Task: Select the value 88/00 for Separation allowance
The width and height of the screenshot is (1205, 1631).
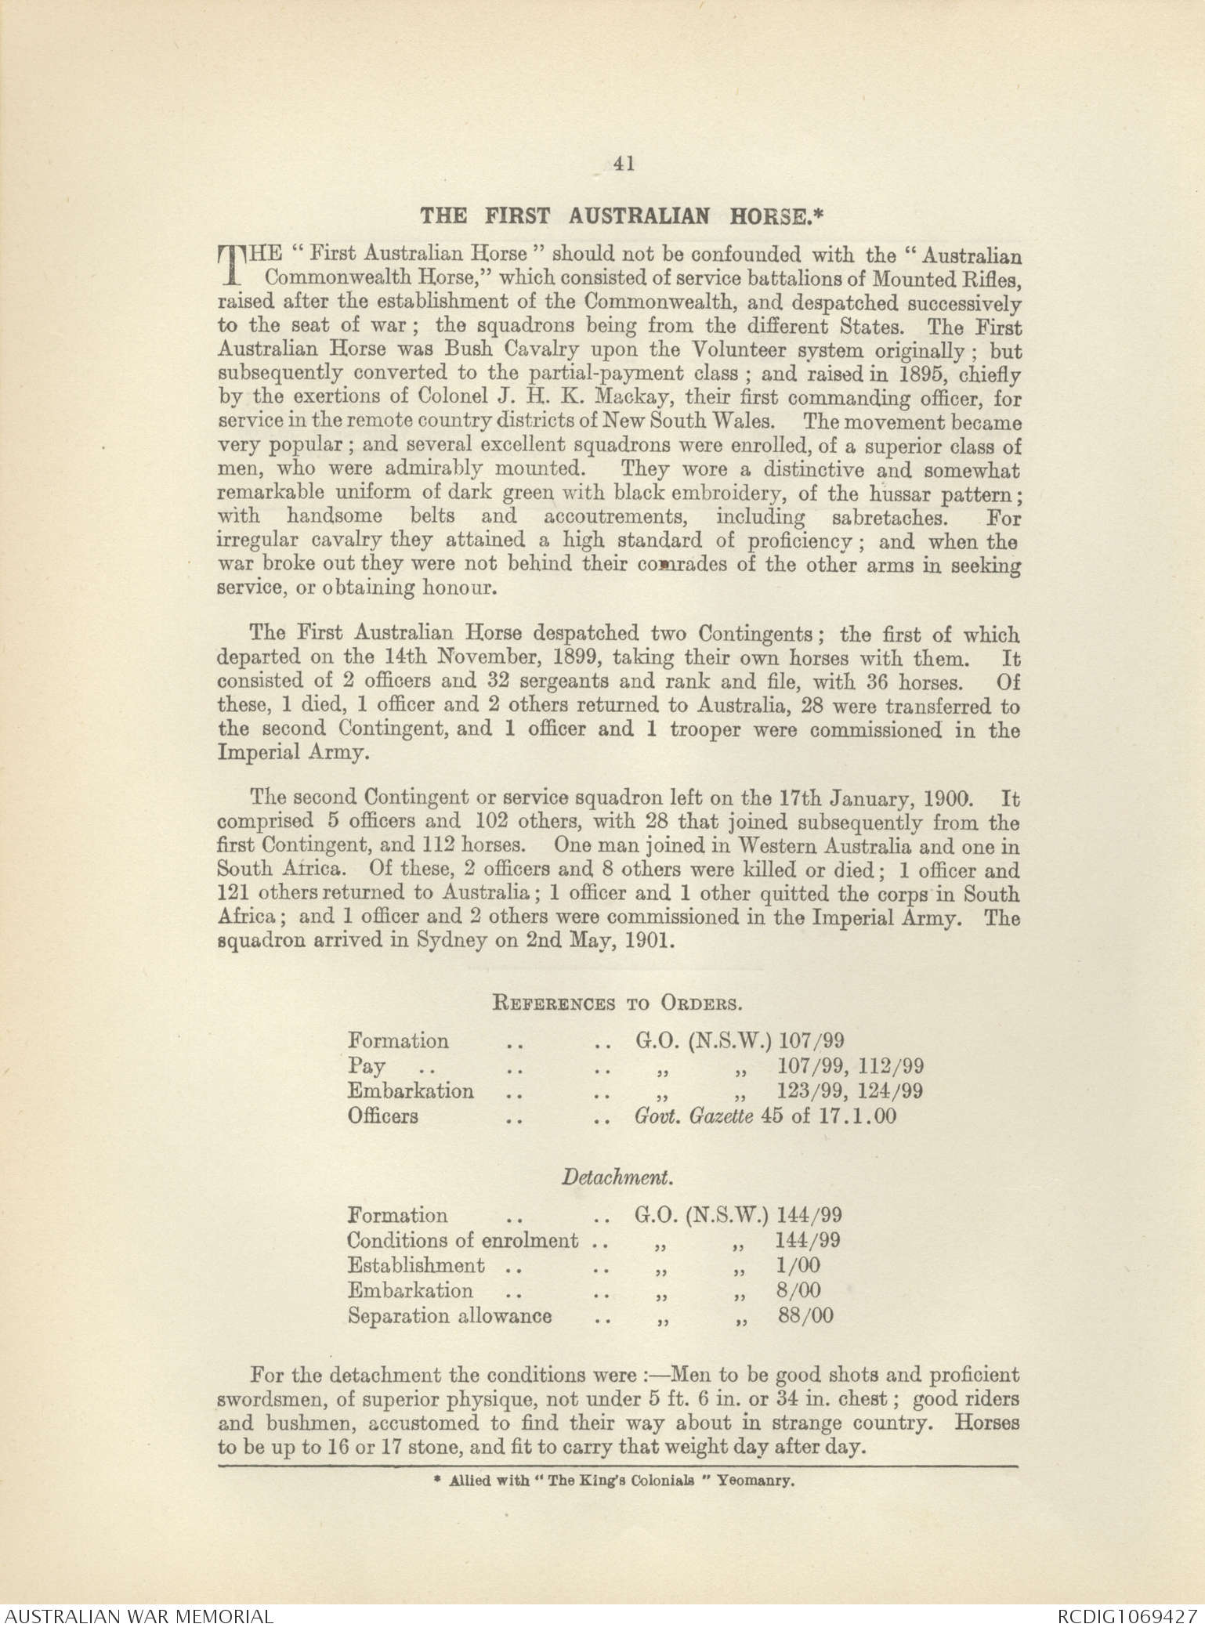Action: [x=805, y=1315]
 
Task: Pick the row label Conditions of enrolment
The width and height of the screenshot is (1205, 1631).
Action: [x=462, y=1241]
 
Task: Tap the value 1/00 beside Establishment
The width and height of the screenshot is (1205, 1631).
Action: [x=798, y=1265]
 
